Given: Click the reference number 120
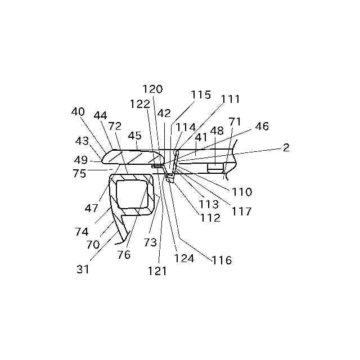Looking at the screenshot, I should [x=152, y=89].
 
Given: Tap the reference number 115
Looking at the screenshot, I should [x=200, y=94].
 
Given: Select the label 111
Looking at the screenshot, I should [x=230, y=99].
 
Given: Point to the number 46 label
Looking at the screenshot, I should [x=262, y=126].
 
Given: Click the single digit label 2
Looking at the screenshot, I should [x=286, y=147].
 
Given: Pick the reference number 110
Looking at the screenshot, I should [x=242, y=192].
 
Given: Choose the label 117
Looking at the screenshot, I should [x=241, y=212].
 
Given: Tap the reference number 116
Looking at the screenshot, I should [x=222, y=260].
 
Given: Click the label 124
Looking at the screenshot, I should [x=184, y=259].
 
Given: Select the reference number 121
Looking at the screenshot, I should [x=157, y=271].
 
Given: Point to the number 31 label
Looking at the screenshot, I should [x=83, y=269].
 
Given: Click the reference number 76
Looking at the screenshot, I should [x=124, y=255].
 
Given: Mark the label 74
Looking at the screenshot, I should [x=82, y=231].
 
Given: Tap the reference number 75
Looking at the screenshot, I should [x=79, y=174].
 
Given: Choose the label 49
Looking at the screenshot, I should [x=81, y=160].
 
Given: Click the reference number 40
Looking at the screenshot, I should [x=78, y=111].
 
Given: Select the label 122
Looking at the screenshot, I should [x=139, y=103].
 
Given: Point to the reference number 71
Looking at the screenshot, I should [x=235, y=121].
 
